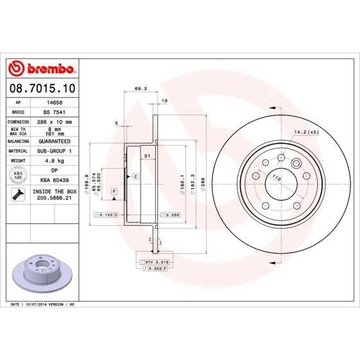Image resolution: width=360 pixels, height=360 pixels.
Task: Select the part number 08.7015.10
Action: coord(41,87)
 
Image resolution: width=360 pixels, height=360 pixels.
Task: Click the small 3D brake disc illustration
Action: coord(42,270)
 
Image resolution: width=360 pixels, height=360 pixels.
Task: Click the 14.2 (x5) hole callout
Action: coord(306,132)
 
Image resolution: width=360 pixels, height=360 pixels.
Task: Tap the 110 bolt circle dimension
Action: coord(277,176)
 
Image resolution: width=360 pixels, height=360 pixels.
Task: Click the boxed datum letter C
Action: coord(135,176)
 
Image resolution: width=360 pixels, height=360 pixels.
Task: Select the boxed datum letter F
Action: coord(114,192)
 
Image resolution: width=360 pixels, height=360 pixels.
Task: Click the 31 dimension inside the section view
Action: coord(147,156)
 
